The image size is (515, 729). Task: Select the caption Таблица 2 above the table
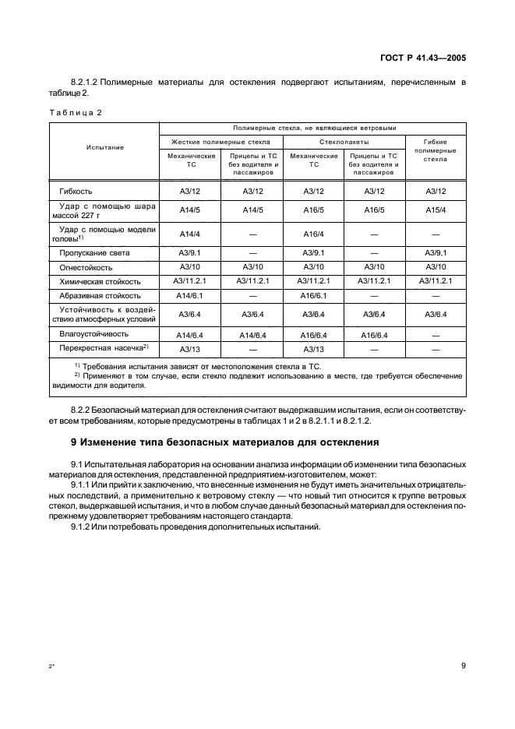pos(76,112)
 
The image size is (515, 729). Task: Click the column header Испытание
pos(105,146)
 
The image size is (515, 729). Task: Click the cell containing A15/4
pos(435,210)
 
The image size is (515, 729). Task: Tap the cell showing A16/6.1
pos(313,296)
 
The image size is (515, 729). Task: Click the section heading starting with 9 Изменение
pos(224,443)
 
